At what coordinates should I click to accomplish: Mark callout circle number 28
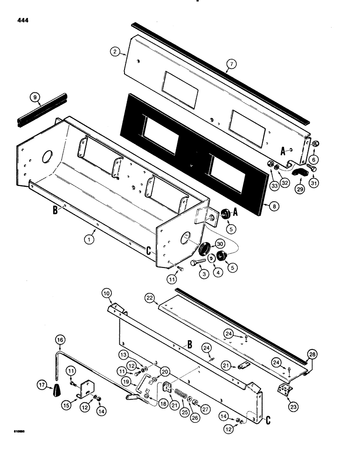[312, 355]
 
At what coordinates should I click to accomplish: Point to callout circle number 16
[59, 340]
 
